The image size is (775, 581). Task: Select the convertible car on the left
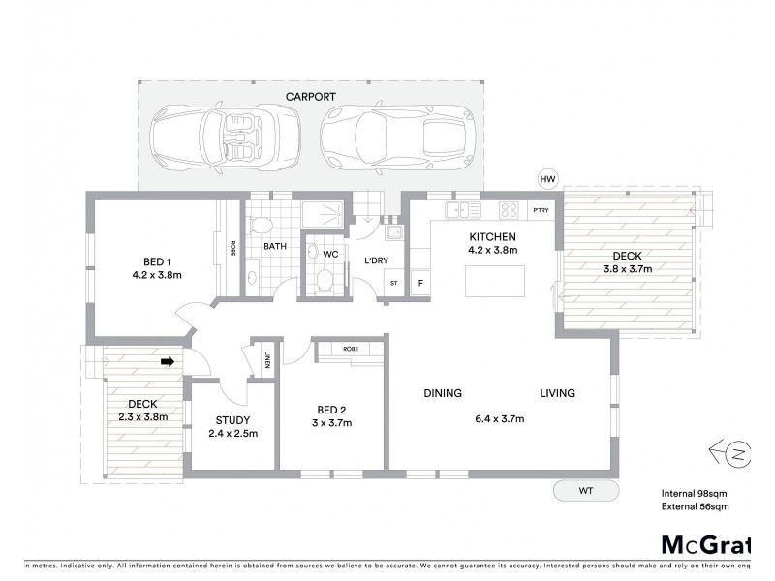pos(223,136)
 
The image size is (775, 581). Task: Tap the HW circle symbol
pos(548,180)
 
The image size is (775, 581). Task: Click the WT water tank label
pos(585,491)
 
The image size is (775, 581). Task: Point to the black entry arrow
pos(167,362)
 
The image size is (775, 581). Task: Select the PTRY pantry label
pos(540,210)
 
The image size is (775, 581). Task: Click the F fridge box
pos(420,283)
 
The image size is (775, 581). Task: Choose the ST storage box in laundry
pos(393,283)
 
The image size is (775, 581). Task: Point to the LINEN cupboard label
pos(264,360)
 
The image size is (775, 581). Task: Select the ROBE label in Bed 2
pos(351,349)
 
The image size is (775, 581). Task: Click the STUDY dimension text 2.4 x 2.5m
pos(232,433)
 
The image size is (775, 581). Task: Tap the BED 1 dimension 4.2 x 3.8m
pos(157,275)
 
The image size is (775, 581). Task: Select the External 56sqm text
pos(696,505)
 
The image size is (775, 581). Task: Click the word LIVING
pos(558,393)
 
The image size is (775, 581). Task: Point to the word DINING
pos(442,393)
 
